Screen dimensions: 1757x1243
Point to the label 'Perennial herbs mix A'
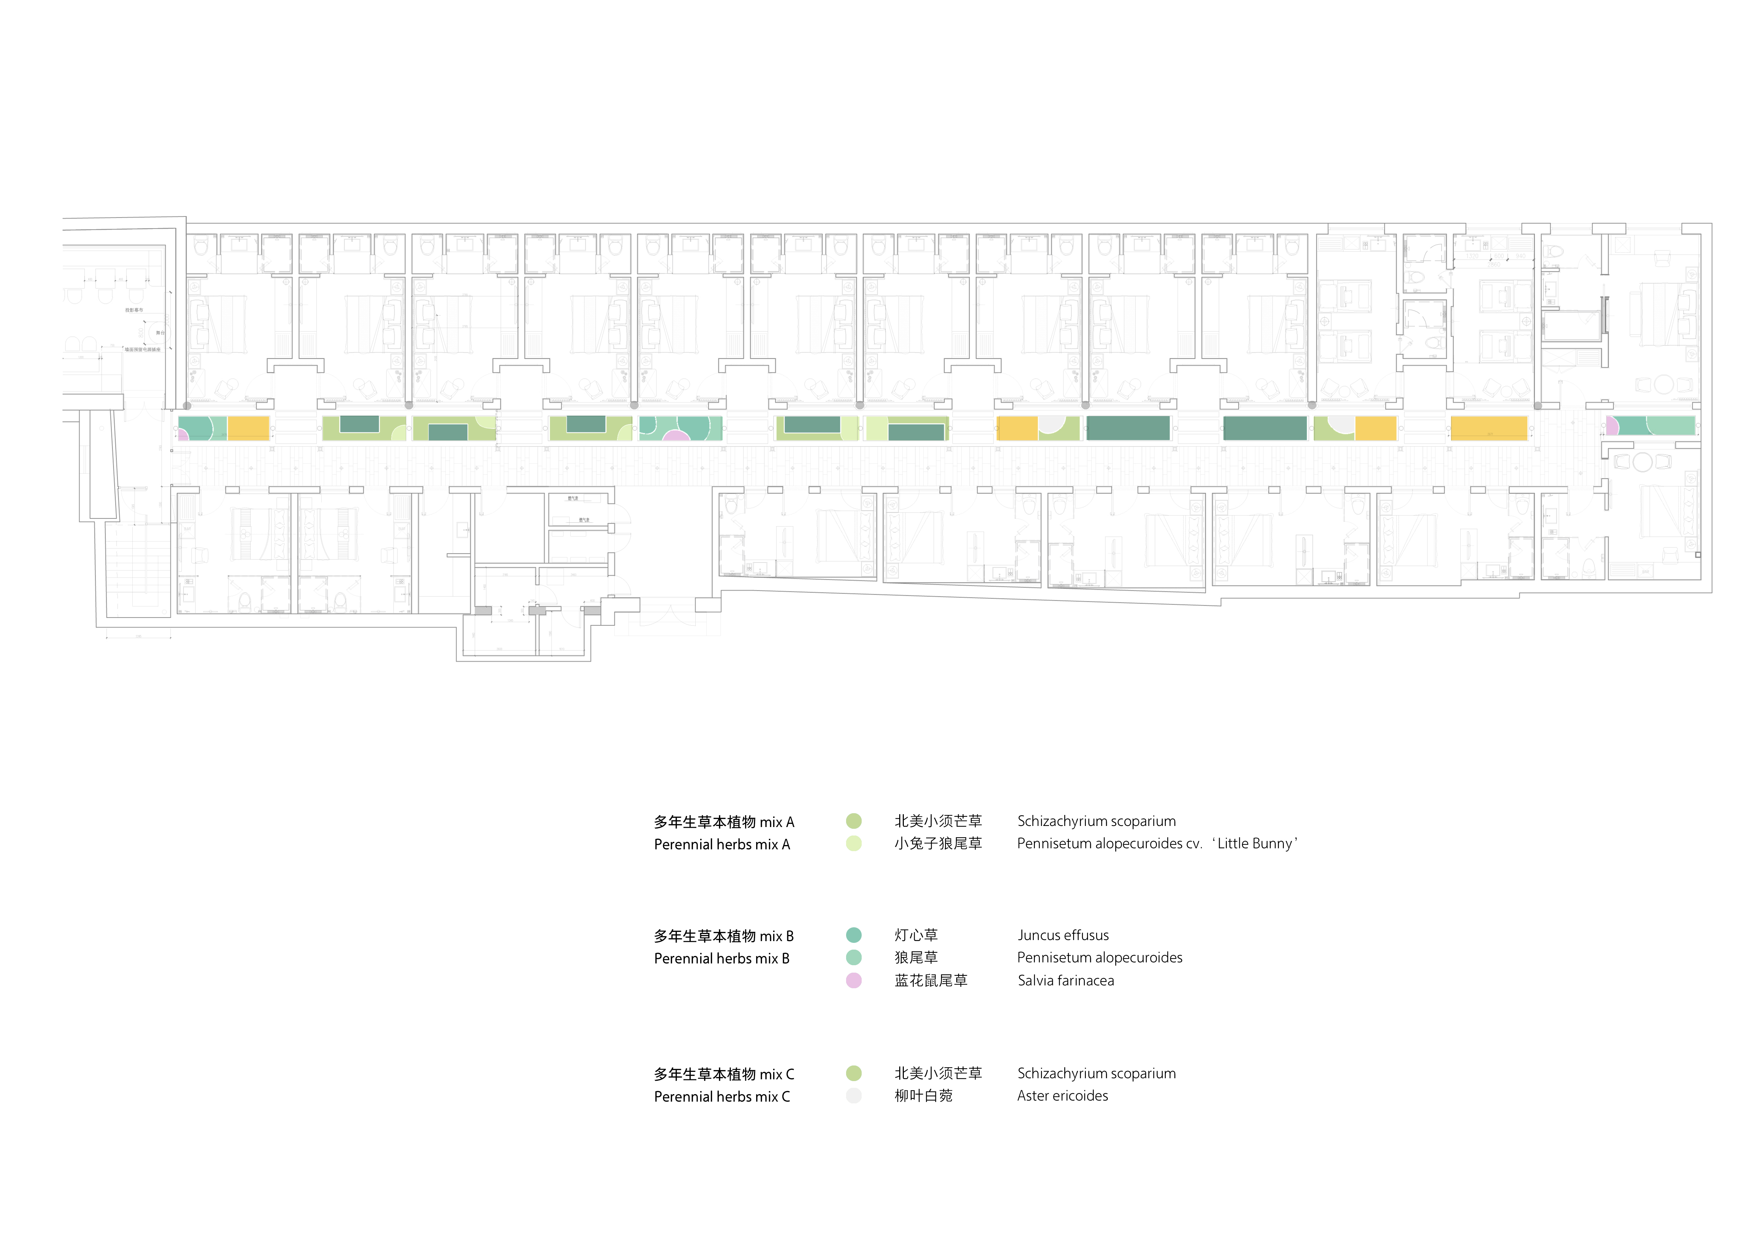pos(722,844)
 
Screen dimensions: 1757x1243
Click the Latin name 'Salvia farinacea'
pos(1065,980)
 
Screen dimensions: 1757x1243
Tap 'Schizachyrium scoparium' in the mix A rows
pos(1096,821)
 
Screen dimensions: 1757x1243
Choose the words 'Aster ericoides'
pos(1062,1096)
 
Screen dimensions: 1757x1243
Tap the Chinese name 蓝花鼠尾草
pos(930,980)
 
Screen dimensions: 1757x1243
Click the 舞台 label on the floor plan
pos(160,333)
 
